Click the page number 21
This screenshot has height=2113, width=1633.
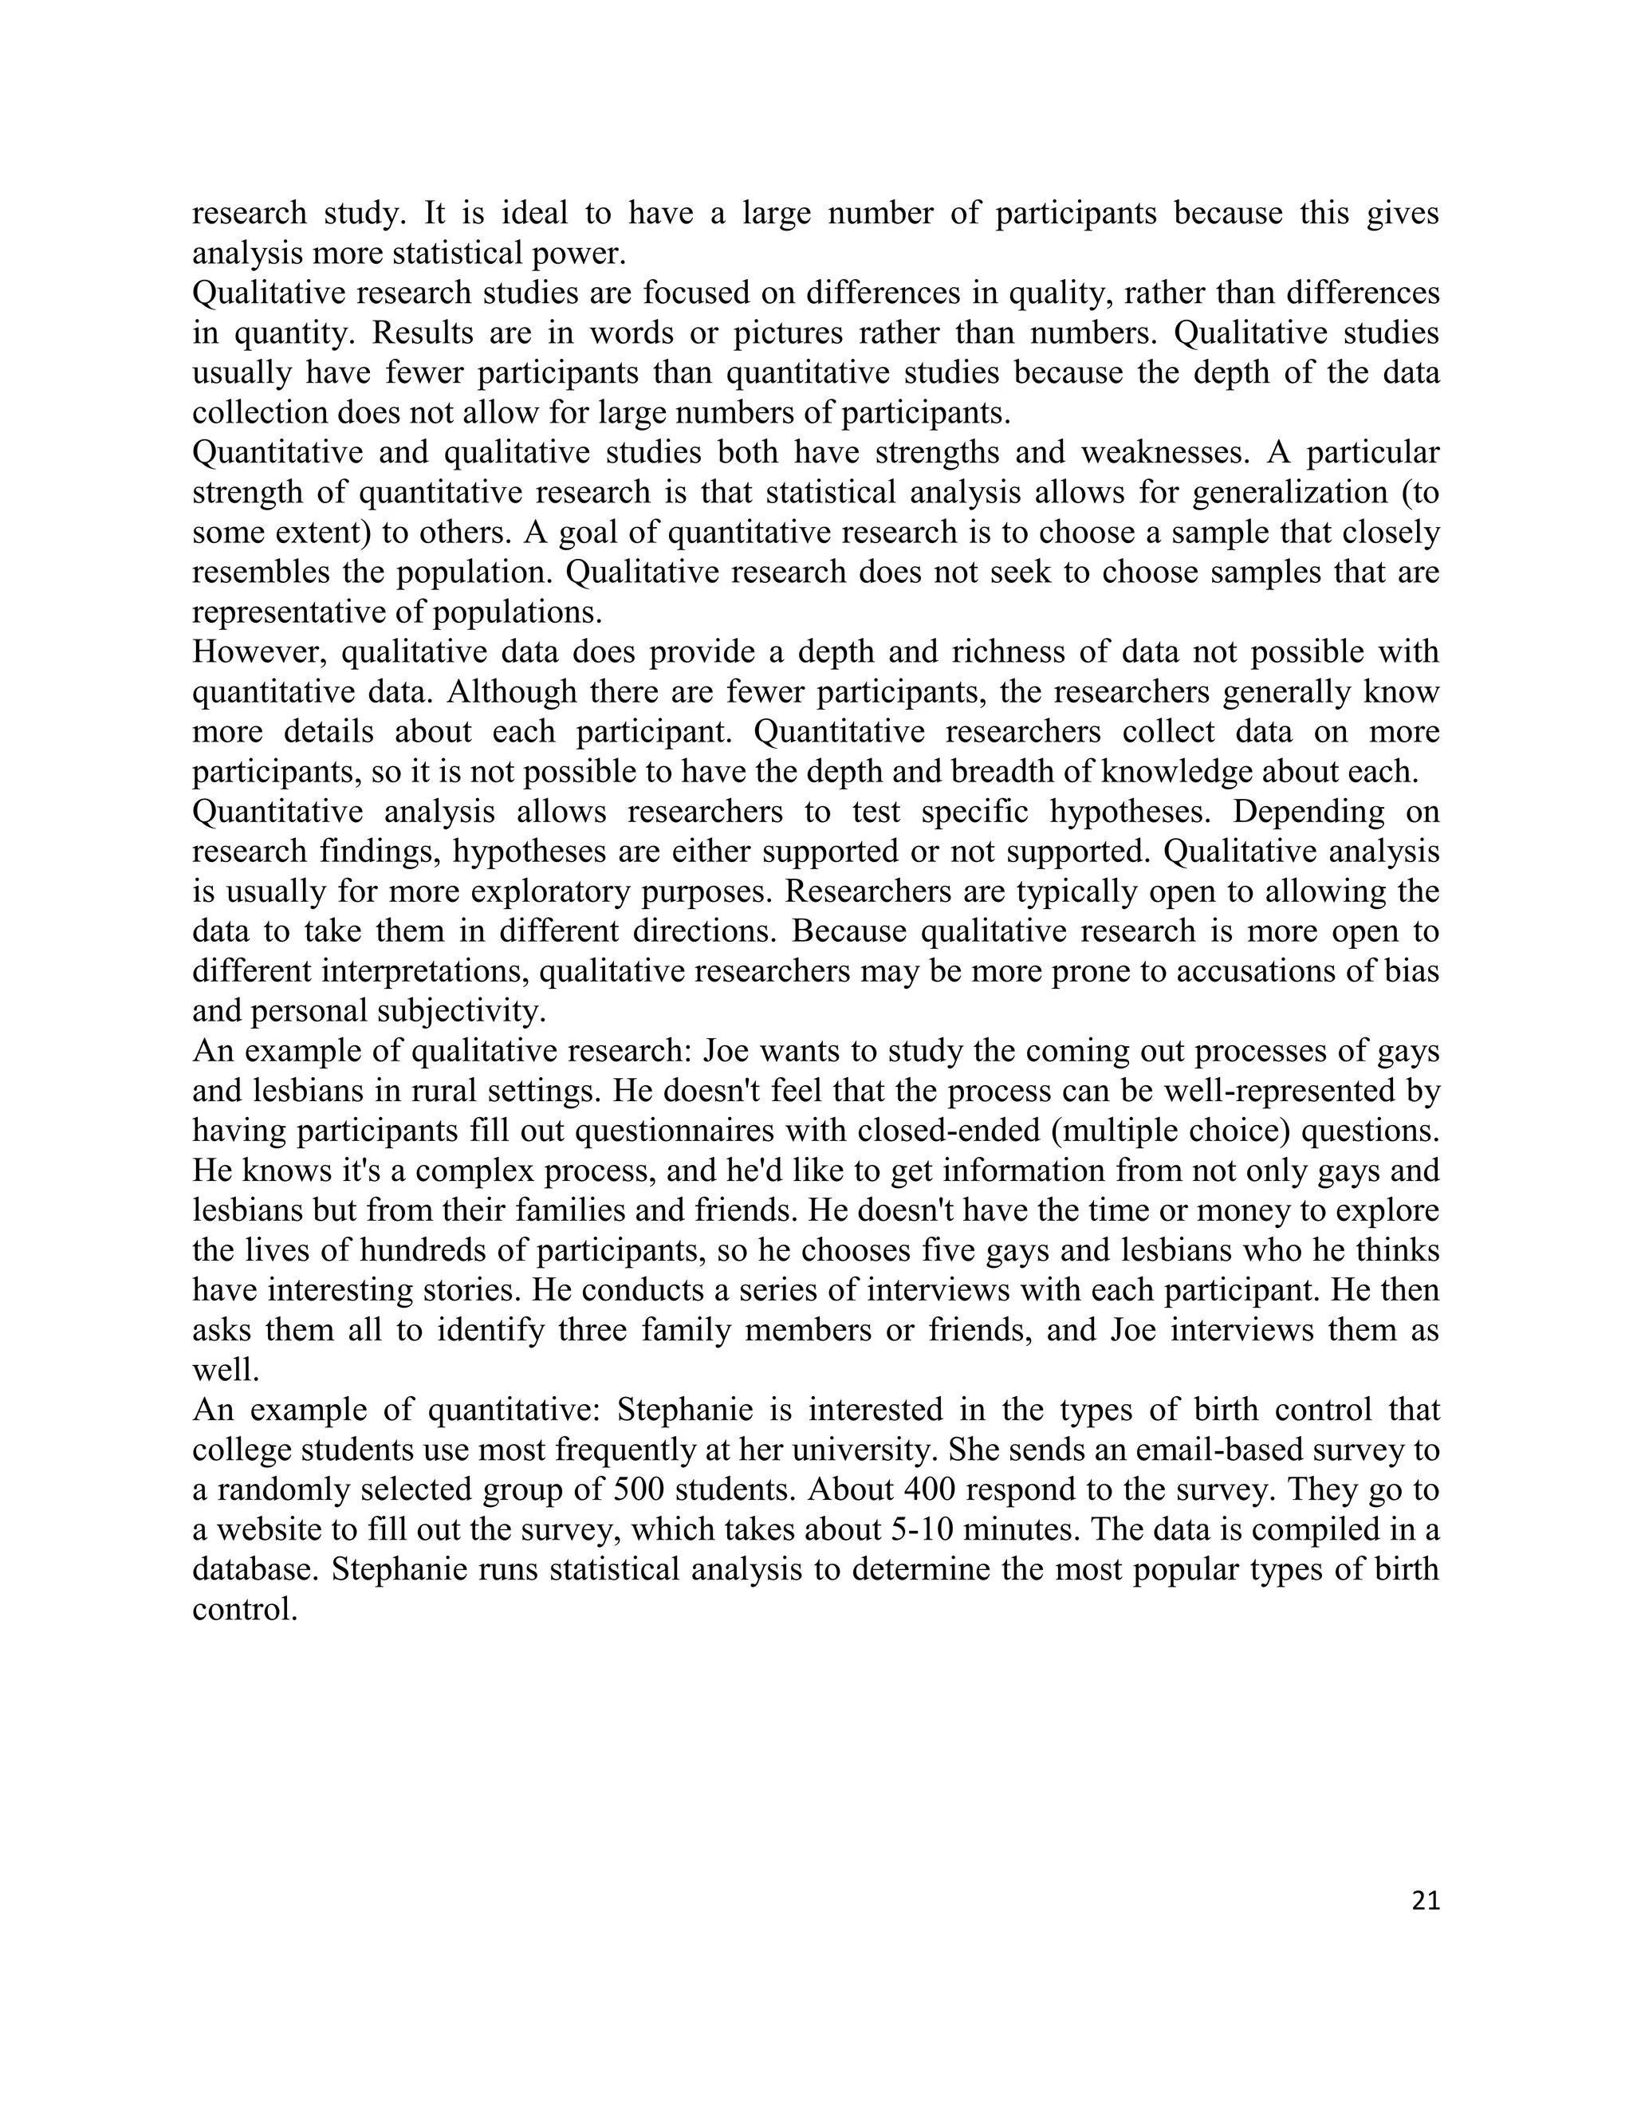[x=1425, y=1901]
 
